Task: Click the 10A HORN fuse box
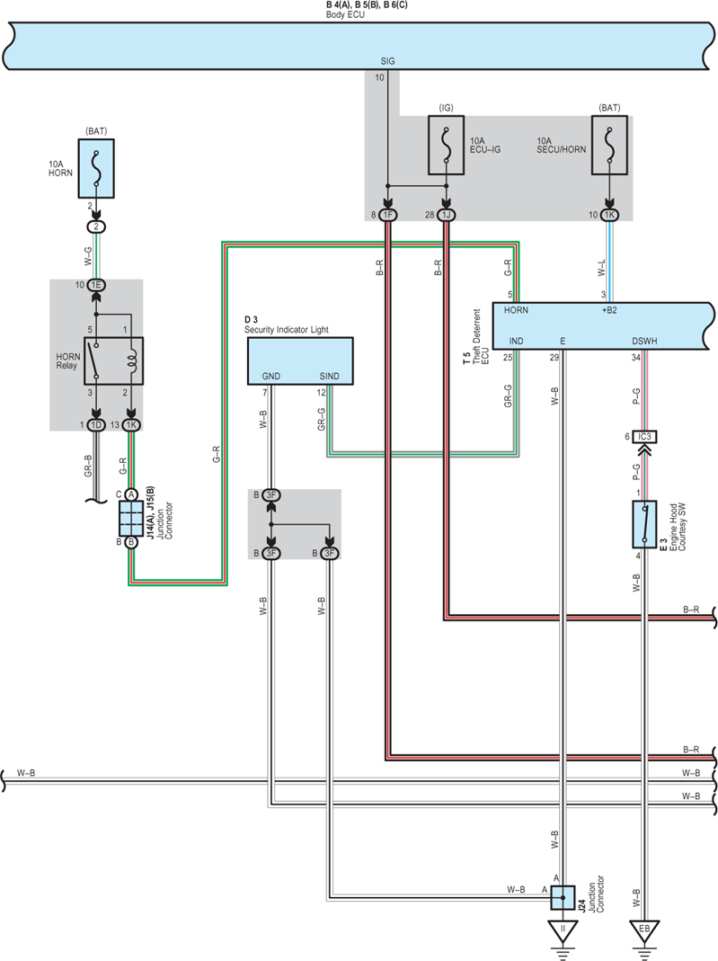tap(96, 168)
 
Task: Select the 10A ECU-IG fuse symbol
tap(446, 146)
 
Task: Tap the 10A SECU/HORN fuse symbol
tap(609, 146)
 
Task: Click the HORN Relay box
tap(113, 361)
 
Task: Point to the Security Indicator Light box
tap(300, 361)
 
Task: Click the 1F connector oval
tap(388, 215)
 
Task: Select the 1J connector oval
tap(446, 215)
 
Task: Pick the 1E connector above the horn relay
tap(96, 285)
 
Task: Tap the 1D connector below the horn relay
tap(96, 424)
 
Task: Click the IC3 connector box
tap(644, 437)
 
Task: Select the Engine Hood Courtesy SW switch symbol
tap(644, 524)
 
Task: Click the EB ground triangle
tap(644, 931)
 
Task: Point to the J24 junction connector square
tap(563, 898)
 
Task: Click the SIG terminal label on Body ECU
tap(388, 61)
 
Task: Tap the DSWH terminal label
tap(644, 342)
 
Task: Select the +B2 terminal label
tap(609, 310)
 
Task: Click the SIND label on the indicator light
tap(329, 377)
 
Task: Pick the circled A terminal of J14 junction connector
tap(131, 494)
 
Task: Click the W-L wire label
tap(601, 267)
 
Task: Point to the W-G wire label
tap(89, 256)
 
